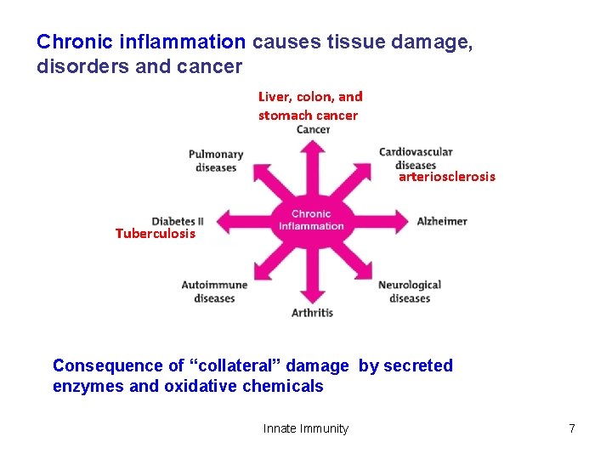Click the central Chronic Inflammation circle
(x=311, y=221)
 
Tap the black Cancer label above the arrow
(x=313, y=129)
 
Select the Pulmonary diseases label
(x=216, y=161)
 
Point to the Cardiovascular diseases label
(x=416, y=158)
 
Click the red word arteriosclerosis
(x=446, y=177)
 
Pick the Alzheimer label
(x=442, y=221)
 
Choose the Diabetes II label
(x=177, y=221)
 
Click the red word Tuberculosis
(x=156, y=233)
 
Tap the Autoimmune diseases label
(x=214, y=292)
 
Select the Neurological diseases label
(x=410, y=292)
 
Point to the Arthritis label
(x=312, y=313)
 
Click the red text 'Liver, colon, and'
(x=310, y=97)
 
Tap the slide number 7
(x=572, y=428)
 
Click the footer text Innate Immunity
(x=306, y=428)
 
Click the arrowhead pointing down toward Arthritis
(x=312, y=295)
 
